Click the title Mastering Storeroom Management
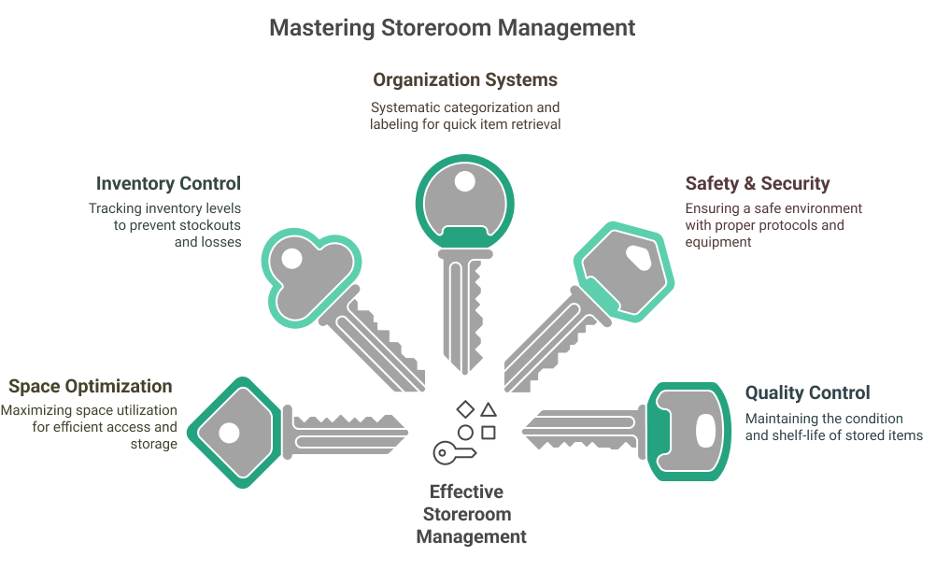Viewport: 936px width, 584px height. (452, 27)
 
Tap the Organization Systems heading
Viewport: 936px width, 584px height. (466, 79)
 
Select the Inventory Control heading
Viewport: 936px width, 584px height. (168, 183)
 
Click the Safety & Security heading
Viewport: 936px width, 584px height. (757, 183)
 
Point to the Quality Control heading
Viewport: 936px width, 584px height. (807, 392)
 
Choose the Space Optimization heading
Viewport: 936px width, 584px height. (91, 386)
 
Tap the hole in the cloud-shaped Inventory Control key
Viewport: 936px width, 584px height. (292, 258)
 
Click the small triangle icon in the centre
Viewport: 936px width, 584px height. (488, 409)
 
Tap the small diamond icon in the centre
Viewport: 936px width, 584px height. (464, 409)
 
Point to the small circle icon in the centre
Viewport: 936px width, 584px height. (464, 432)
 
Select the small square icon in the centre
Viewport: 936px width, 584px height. (488, 432)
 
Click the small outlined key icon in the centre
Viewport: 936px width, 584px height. (455, 453)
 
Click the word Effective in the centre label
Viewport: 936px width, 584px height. (466, 491)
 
